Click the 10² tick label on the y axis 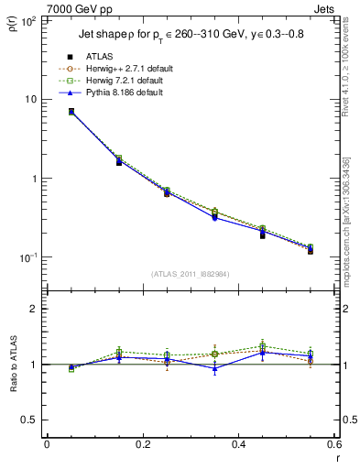(x=28, y=19)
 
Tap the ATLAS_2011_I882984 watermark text (x=191, y=274)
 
